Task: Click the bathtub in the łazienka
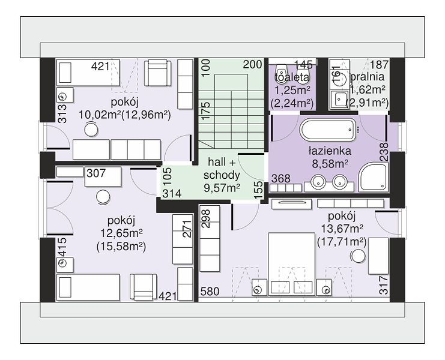coord(328,130)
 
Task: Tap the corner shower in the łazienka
coord(373,177)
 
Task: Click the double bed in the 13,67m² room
coord(292,264)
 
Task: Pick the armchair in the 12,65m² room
coord(143,287)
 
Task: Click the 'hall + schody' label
coord(222,169)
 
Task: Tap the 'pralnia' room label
coord(368,77)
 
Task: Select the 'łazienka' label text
coord(330,151)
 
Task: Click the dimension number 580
coord(210,292)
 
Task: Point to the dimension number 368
coord(281,178)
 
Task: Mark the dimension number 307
coord(96,173)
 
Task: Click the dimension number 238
coord(383,152)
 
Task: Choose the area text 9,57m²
coord(222,188)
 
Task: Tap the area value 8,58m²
coord(330,164)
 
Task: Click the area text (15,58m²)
coord(121,247)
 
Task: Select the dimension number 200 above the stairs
coord(253,65)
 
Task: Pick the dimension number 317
coord(383,285)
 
